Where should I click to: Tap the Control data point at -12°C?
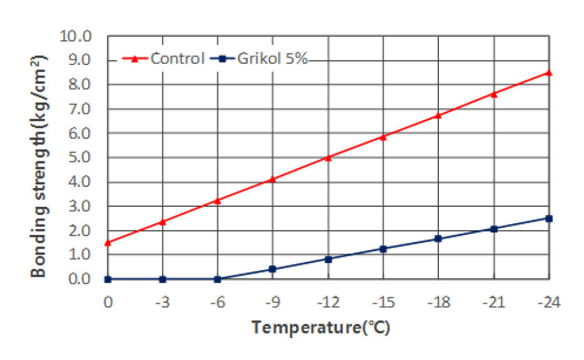(328, 157)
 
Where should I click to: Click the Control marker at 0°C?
(108, 242)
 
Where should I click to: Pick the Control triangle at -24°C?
(549, 72)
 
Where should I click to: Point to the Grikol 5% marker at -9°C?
(273, 269)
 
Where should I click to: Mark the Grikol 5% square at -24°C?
(549, 218)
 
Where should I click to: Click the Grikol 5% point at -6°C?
(218, 279)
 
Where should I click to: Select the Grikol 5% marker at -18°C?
(438, 239)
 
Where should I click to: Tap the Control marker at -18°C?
(438, 115)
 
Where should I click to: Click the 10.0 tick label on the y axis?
(76, 36)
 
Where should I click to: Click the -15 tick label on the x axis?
(383, 302)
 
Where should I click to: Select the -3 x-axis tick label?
(163, 302)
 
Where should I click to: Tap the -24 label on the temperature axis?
(548, 302)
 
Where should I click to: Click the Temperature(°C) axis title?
(321, 327)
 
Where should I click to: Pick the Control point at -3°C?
(163, 222)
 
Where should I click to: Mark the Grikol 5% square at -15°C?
(383, 249)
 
